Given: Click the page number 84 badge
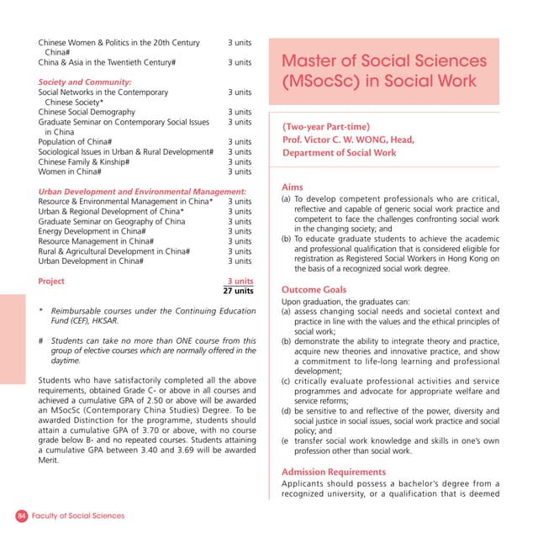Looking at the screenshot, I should pyautogui.click(x=22, y=515).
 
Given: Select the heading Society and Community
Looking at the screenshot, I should pyautogui.click(x=85, y=82).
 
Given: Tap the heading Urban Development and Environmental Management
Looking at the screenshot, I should pyautogui.click(x=142, y=192).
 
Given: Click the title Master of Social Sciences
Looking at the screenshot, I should pyautogui.click(x=383, y=61).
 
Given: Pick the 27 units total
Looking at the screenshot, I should pyautogui.click(x=238, y=291).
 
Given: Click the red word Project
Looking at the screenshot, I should pyautogui.click(x=51, y=282).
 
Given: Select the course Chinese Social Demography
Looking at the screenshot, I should pyautogui.click(x=87, y=112).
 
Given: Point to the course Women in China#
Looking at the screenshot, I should pyautogui.click(x=70, y=171).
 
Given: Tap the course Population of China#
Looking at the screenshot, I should pyautogui.click(x=75, y=141).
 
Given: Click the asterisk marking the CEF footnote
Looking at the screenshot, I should pyautogui.click(x=41, y=311).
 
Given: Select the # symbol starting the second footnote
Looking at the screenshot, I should pyautogui.click(x=41, y=340).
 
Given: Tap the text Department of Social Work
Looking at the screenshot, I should pyautogui.click(x=339, y=153).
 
